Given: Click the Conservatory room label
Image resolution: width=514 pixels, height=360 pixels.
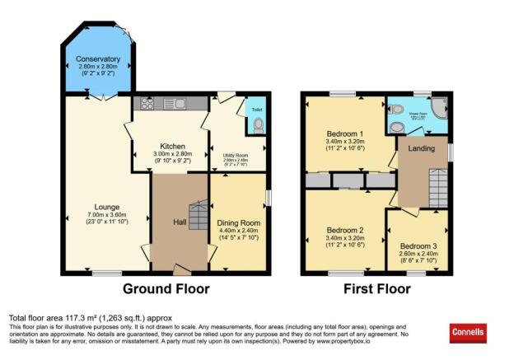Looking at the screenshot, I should click(x=98, y=59).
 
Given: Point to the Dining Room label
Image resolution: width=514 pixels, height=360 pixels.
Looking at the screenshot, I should click(x=238, y=222).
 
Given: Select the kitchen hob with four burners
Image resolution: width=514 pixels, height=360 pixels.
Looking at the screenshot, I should click(x=149, y=103).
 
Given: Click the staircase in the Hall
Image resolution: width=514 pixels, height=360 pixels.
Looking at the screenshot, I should click(x=198, y=217).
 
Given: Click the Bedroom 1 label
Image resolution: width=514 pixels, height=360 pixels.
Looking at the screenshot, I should click(x=345, y=134).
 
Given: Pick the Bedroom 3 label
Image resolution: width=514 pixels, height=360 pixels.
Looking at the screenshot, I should click(x=419, y=245).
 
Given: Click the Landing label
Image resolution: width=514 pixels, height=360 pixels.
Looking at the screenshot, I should click(x=422, y=148).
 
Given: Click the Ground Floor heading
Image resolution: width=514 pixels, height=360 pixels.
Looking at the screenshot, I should click(x=166, y=289).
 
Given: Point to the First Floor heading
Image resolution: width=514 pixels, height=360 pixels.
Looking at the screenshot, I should click(x=377, y=289).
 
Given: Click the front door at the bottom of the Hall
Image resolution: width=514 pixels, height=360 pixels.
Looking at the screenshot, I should click(x=180, y=269).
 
